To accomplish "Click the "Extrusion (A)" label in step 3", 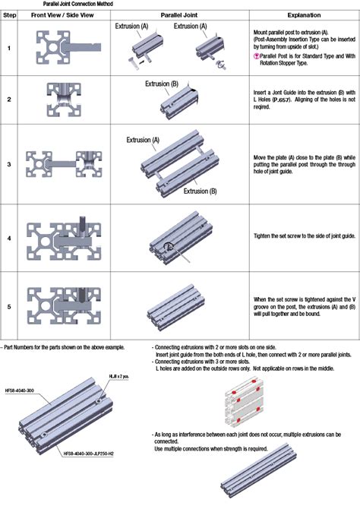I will click(x=143, y=140).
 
